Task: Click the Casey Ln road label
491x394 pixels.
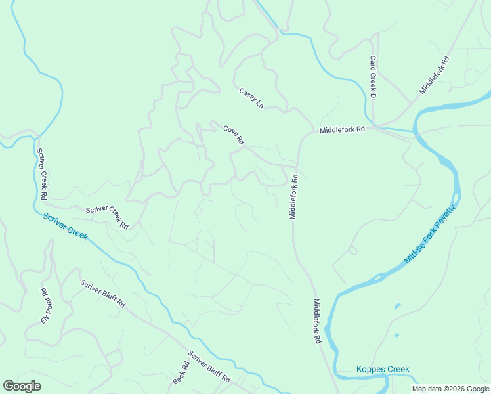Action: coord(251,98)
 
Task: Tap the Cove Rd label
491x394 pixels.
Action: coord(233,135)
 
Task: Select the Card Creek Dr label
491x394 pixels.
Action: coord(372,77)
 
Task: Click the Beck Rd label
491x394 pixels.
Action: coord(177,375)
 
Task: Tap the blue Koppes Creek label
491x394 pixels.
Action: coord(383,369)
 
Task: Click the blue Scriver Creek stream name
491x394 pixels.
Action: coord(66,227)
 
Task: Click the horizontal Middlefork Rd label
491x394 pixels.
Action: coord(341,130)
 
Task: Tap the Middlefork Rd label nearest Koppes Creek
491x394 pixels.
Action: coord(316,322)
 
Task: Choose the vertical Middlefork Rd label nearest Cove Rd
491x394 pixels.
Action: coord(294,196)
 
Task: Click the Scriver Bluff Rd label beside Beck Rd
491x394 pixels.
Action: coord(209,367)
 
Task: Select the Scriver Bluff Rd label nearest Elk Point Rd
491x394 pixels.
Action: coord(103,294)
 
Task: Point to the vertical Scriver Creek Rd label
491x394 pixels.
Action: coord(42,174)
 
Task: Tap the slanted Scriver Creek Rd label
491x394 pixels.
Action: coord(107,217)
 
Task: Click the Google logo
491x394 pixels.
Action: coord(22,386)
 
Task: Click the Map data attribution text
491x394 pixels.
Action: coord(451,389)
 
